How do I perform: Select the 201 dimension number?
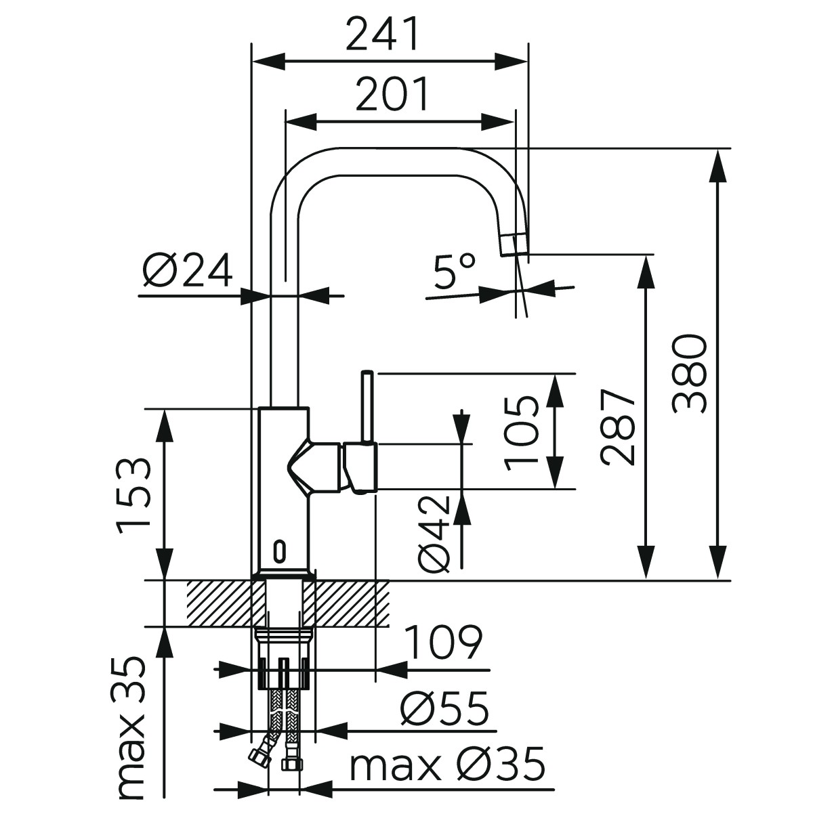(x=392, y=95)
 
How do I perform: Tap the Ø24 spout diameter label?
(x=188, y=271)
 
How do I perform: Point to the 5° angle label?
(x=454, y=273)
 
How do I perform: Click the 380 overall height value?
(x=690, y=372)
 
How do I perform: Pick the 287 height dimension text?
(x=618, y=427)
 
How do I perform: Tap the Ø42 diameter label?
(x=434, y=534)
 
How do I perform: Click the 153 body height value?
(x=133, y=495)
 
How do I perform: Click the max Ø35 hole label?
(x=447, y=765)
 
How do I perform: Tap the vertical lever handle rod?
(x=367, y=406)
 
